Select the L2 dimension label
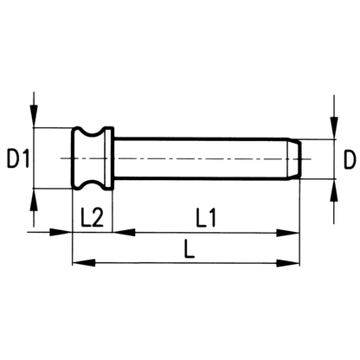click(92, 217)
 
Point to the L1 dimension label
click(206, 217)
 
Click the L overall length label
click(190, 248)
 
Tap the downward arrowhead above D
click(334, 128)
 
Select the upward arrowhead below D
click(334, 190)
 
